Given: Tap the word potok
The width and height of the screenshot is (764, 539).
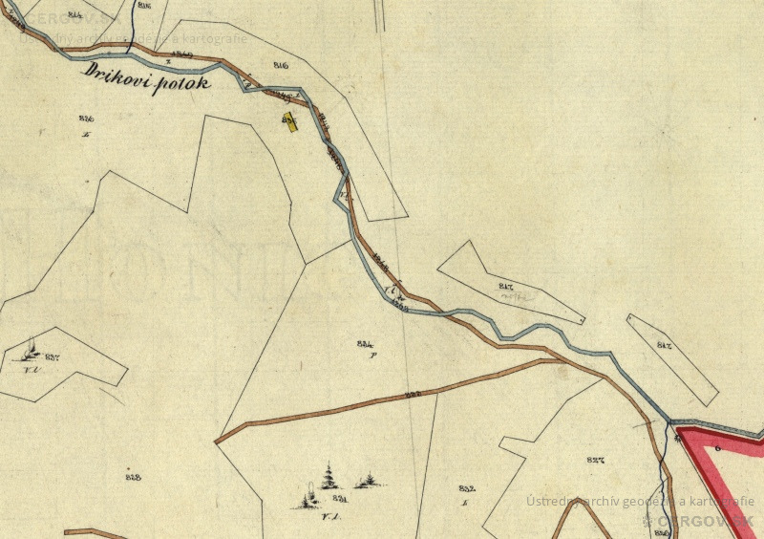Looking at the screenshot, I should [187, 84].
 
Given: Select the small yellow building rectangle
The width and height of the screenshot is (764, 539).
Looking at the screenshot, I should [289, 121].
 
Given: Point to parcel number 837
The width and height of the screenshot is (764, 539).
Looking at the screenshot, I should [52, 356].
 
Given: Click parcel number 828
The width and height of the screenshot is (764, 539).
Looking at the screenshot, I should [133, 476].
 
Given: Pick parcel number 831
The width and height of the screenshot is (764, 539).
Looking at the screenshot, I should [339, 499].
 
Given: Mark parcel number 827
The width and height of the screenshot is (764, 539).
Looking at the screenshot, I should [597, 461].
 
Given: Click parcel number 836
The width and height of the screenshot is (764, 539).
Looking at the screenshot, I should [86, 119].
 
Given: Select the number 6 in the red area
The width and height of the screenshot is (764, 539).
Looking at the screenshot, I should [717, 447].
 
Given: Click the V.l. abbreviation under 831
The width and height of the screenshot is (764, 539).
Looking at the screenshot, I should [332, 519].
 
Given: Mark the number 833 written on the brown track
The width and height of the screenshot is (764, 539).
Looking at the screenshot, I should [413, 394].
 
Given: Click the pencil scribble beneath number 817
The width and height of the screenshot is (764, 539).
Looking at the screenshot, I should [516, 297].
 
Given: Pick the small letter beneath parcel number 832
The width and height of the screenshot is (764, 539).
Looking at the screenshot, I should [463, 501].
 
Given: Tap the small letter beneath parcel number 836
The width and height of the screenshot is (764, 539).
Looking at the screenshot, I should [86, 135].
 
